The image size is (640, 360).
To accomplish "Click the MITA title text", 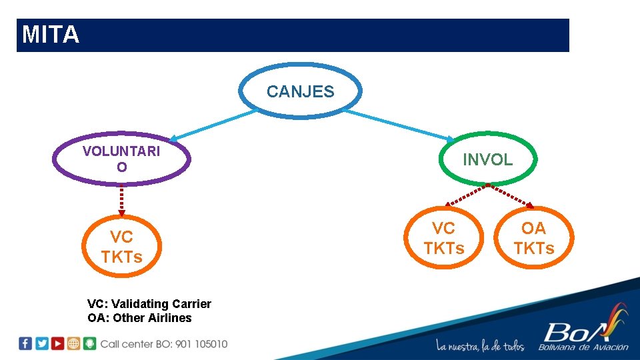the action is pyautogui.click(x=51, y=35).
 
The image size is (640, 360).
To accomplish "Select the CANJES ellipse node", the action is pyautogui.click(x=301, y=91).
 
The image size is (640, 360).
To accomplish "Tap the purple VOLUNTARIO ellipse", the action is pyautogui.click(x=121, y=159).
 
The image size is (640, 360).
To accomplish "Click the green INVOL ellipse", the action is pyautogui.click(x=487, y=159).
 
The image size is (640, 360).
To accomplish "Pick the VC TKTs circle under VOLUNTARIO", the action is pyautogui.click(x=121, y=247).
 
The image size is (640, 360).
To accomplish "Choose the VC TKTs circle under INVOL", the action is pyautogui.click(x=444, y=238).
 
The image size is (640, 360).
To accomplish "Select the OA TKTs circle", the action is pyautogui.click(x=533, y=238).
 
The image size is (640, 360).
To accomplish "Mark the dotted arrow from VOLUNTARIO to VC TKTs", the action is pyautogui.click(x=121, y=200).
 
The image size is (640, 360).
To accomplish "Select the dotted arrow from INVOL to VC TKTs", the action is pyautogui.click(x=467, y=196).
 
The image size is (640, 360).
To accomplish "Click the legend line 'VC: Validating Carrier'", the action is pyautogui.click(x=149, y=304).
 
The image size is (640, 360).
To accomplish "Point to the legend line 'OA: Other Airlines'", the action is pyautogui.click(x=139, y=318).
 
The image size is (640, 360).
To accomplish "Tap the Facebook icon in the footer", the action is pyautogui.click(x=25, y=343).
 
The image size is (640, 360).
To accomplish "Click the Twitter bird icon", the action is pyautogui.click(x=42, y=343).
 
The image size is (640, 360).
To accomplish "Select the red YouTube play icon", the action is pyautogui.click(x=58, y=343).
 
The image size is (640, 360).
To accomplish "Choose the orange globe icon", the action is pyautogui.click(x=74, y=343).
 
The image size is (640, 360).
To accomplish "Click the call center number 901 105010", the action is pyautogui.click(x=201, y=344).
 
